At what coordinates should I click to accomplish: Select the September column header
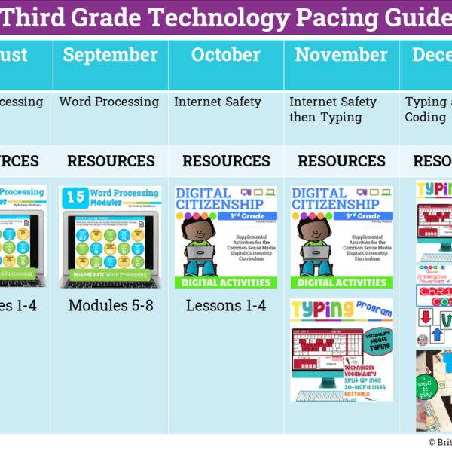[x=111, y=55]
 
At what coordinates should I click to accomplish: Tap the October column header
[x=226, y=55]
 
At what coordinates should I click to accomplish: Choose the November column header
[x=341, y=55]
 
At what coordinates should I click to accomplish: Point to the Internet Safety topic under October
[x=218, y=101]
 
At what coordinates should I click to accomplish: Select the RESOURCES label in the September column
[x=111, y=161]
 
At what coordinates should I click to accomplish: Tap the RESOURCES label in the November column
[x=341, y=161]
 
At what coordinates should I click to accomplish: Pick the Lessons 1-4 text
[x=226, y=305]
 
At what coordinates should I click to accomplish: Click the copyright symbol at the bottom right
[x=432, y=443]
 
